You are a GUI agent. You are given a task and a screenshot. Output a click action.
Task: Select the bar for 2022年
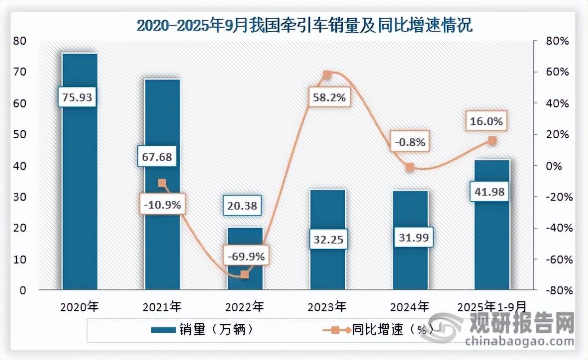(x=245, y=259)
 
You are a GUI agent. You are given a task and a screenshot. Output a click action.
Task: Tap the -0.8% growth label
(x=409, y=142)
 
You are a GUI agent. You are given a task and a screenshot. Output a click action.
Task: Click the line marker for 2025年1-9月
(x=492, y=141)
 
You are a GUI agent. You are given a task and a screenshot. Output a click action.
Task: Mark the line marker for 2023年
(x=327, y=75)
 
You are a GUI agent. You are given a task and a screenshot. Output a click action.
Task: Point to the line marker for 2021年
(x=162, y=183)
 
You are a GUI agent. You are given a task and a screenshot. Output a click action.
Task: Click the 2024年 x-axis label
(x=409, y=306)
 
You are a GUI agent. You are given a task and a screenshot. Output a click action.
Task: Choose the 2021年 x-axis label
(x=162, y=306)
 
